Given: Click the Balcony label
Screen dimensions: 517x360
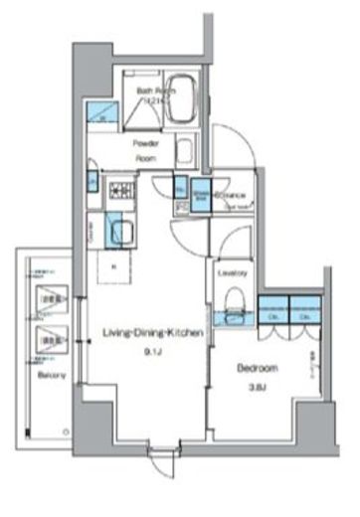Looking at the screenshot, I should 53,375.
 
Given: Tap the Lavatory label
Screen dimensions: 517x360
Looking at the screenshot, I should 231,272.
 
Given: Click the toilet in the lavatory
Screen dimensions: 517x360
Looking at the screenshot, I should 232,299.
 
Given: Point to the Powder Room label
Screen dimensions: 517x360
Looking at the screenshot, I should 147,149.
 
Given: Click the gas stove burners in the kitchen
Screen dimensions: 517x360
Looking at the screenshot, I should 122,189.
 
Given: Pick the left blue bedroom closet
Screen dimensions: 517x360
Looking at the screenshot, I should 272,309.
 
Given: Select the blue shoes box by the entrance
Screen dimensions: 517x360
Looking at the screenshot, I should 201,193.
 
